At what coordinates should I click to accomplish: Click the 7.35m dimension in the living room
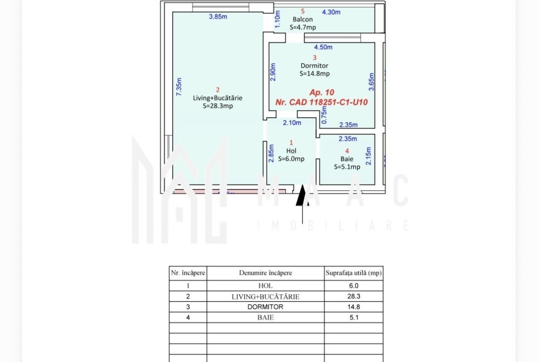coord(179,87)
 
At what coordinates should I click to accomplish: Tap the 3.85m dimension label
coord(218,17)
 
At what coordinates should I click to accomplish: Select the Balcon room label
coord(303,19)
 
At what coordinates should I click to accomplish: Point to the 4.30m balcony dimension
coord(331,12)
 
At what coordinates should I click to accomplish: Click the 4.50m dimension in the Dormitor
coord(323,47)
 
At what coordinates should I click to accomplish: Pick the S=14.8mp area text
coord(314,73)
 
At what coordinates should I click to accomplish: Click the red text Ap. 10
coord(322,92)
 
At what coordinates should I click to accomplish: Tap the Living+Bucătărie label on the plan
coord(218,98)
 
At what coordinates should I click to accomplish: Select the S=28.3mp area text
coord(218,106)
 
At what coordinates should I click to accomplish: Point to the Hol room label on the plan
coord(291,151)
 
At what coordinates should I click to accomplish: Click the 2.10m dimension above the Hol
coord(292,123)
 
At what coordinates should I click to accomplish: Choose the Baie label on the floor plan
coord(347,159)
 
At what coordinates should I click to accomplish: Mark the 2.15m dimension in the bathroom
coord(368,156)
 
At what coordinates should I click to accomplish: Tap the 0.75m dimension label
coord(324,115)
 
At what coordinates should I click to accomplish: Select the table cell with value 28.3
coord(354,296)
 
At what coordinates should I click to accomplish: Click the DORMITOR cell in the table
coord(265,307)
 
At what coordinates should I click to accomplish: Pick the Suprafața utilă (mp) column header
coord(354,273)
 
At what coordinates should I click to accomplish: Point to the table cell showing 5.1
coord(354,317)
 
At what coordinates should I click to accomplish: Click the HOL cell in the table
coord(265,285)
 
